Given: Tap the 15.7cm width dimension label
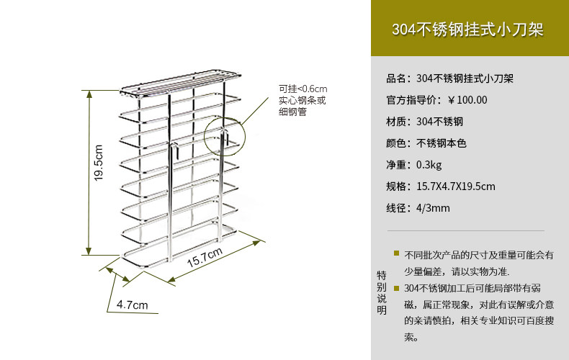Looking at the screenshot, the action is pos(204,256).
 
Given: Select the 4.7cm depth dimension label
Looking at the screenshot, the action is pos(132,305).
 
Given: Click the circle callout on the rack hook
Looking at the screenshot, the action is pos(225,134).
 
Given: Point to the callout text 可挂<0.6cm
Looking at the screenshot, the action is pos(303,89).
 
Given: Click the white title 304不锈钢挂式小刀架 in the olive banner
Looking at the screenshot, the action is pos(467,30).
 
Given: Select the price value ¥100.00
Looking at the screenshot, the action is pos(467,100).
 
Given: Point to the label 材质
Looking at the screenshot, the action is pos(397,122).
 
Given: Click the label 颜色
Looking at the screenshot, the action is pos(397,143).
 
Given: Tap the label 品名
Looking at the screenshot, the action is pos(397,78).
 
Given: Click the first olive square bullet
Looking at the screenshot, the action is pos(396,253).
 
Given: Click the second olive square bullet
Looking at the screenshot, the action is pos(396,287).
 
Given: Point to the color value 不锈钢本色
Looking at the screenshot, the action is pos(442,143).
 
